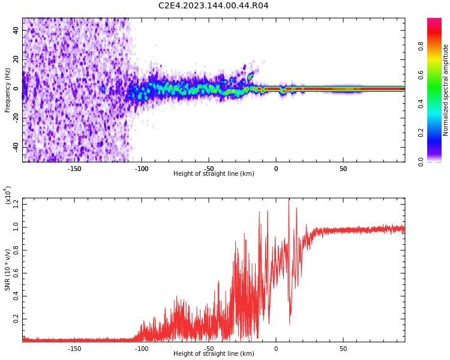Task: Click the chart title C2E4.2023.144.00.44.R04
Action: pyautogui.click(x=214, y=6)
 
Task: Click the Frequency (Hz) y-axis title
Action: pyautogui.click(x=8, y=89)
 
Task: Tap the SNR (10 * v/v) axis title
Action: pyautogui.click(x=8, y=270)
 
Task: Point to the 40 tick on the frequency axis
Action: pyautogui.click(x=16, y=31)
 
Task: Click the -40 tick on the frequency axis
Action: pyautogui.click(x=14, y=146)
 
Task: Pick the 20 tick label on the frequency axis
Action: pyautogui.click(x=16, y=59)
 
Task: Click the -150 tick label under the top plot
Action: pyautogui.click(x=74, y=169)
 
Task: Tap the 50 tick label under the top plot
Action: pyautogui.click(x=343, y=169)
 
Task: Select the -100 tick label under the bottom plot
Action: pyautogui.click(x=142, y=349)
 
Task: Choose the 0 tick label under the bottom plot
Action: pyautogui.click(x=276, y=349)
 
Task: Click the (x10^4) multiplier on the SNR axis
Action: pyautogui.click(x=8, y=194)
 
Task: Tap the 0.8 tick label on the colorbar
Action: pyautogui.click(x=422, y=46)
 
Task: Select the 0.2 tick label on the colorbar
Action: pyautogui.click(x=422, y=133)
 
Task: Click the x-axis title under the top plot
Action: pyautogui.click(x=214, y=174)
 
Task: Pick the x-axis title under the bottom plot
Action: pyautogui.click(x=214, y=354)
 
